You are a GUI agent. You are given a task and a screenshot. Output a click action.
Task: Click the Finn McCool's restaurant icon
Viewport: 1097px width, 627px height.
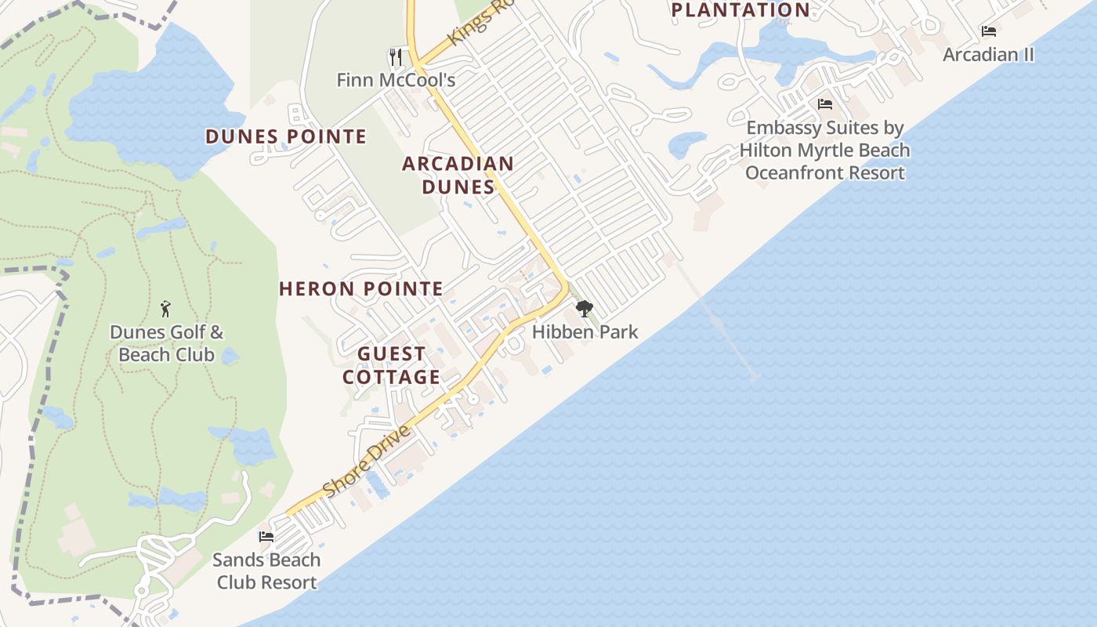[396, 56]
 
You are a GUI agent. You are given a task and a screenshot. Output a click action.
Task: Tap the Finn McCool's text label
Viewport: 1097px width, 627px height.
[396, 80]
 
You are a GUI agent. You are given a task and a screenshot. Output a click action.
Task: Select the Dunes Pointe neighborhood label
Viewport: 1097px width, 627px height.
[286, 136]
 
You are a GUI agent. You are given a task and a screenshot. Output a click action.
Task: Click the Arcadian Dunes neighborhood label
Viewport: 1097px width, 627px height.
[458, 175]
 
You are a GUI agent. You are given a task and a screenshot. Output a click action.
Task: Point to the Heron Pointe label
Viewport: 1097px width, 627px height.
[361, 288]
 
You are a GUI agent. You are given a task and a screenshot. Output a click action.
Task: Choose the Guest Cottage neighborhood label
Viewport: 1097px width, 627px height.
[392, 365]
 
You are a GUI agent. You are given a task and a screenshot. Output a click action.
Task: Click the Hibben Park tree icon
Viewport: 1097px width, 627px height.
[585, 309]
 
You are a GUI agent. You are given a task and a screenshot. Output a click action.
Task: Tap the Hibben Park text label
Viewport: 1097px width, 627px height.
[585, 332]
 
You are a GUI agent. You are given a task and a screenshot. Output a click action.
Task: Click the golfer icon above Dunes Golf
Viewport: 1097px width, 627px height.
[165, 308]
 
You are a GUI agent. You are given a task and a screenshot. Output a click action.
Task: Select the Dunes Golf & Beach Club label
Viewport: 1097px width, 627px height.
[166, 343]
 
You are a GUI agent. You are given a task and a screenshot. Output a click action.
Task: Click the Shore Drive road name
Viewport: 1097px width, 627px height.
[367, 462]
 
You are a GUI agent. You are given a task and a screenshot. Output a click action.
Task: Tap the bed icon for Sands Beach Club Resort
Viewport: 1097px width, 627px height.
[266, 537]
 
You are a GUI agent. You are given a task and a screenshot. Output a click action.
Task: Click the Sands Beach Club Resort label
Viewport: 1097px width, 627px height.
[266, 571]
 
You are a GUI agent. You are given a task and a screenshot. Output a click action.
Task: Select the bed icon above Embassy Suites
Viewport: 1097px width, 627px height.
[824, 103]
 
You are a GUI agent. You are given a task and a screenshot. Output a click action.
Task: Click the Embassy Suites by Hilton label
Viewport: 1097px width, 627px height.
[824, 150]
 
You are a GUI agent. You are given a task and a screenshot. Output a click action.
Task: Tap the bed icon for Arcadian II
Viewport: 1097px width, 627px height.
[989, 31]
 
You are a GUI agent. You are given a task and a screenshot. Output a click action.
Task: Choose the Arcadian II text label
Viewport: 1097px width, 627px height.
[989, 54]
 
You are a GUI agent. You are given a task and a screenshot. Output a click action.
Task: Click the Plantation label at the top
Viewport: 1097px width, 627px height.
[740, 10]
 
